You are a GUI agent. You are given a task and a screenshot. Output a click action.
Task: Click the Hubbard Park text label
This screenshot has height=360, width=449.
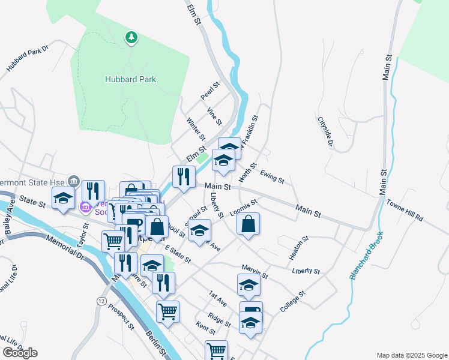130,79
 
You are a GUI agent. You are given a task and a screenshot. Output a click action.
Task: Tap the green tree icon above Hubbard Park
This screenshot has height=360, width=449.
131,38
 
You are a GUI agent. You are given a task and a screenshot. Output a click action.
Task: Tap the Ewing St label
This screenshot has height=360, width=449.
272,176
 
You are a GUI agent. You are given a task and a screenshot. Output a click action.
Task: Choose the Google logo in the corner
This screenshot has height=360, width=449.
20,353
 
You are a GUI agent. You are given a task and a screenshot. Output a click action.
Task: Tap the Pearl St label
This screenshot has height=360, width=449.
210,92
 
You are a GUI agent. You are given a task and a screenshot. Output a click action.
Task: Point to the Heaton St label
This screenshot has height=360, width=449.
298,248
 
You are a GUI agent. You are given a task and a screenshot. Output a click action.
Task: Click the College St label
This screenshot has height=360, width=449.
293,302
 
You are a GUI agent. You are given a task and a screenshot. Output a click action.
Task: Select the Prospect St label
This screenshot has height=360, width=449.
121,316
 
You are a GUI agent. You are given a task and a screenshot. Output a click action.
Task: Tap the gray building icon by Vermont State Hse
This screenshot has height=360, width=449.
74,180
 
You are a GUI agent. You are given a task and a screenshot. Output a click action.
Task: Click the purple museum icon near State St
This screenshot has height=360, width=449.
85,208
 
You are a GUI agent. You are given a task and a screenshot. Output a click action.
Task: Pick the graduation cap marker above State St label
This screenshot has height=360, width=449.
63,198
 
